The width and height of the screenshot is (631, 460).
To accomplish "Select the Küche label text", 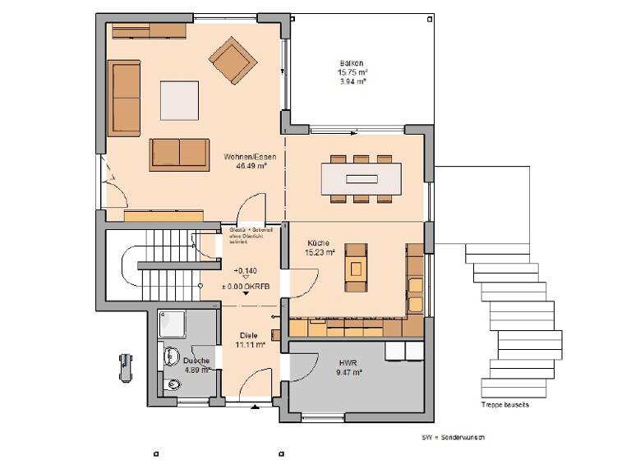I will pyautogui.click(x=320, y=243).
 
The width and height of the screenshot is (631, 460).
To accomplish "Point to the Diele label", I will pyautogui.click(x=249, y=335).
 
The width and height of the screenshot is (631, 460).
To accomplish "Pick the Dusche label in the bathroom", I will pyautogui.click(x=196, y=361).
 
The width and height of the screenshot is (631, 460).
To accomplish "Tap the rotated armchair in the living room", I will pyautogui.click(x=232, y=59).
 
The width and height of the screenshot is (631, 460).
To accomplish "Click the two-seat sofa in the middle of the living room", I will pyautogui.click(x=178, y=154).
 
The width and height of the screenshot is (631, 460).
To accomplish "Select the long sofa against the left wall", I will pyautogui.click(x=126, y=99).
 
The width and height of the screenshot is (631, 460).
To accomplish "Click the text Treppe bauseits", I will pyautogui.click(x=504, y=405).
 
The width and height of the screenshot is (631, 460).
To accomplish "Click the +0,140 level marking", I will pyautogui.click(x=245, y=270).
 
